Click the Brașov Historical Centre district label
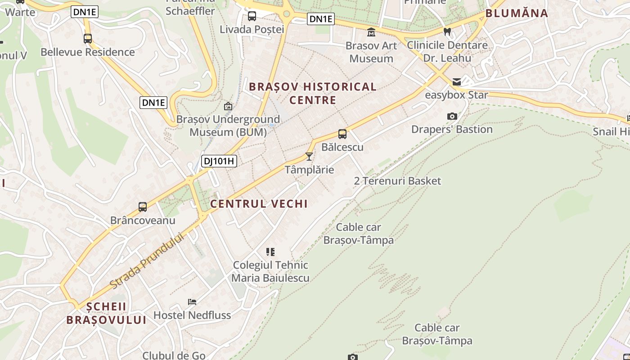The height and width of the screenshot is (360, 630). click(x=313, y=93)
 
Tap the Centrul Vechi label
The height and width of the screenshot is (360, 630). click(x=259, y=204)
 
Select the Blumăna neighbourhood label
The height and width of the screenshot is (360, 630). click(x=517, y=13)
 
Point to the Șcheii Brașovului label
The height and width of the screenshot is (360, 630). click(x=106, y=313)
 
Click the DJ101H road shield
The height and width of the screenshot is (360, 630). click(x=219, y=161)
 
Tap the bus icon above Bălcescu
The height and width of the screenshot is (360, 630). click(x=342, y=134)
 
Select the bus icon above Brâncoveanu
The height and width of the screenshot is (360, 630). click(x=143, y=207)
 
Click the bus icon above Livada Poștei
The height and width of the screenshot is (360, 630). click(x=252, y=17)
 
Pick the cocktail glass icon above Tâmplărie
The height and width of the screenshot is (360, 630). click(x=309, y=157)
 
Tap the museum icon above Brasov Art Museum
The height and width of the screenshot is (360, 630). click(x=371, y=32)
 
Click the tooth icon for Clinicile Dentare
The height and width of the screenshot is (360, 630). click(x=447, y=31)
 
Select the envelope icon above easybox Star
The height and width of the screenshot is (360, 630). click(x=457, y=82)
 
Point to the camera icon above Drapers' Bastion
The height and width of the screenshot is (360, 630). click(x=452, y=117)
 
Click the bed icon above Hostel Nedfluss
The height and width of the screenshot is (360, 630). click(x=192, y=302)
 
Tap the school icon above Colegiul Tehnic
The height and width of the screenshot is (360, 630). click(x=270, y=252)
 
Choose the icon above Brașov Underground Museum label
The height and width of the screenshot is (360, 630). click(x=228, y=107)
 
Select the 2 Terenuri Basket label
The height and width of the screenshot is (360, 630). click(x=397, y=181)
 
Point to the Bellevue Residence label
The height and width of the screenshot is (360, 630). click(x=88, y=52)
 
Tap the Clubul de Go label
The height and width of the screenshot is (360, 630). click(x=174, y=355)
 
